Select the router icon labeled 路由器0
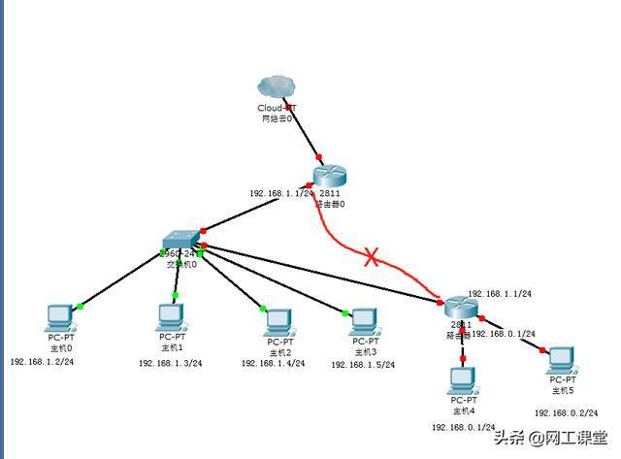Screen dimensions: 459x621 (329, 176)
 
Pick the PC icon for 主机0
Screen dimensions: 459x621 (61, 316)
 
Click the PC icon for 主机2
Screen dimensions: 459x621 (279, 320)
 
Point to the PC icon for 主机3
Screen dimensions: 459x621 (364, 320)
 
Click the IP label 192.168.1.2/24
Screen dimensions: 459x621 (42, 362)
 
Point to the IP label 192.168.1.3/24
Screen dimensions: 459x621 (170, 363)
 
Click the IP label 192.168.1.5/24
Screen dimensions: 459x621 (364, 365)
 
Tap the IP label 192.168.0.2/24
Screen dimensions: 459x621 (566, 412)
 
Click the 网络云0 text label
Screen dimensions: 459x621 (276, 117)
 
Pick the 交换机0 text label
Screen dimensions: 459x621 (181, 264)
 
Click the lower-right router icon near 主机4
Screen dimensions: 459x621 (459, 308)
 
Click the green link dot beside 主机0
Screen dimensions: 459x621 (81, 307)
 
